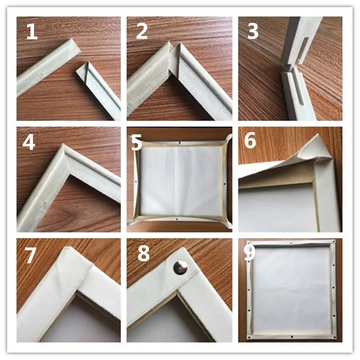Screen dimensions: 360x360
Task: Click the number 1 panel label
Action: click(32, 32)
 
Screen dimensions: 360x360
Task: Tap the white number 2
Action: click(142, 32)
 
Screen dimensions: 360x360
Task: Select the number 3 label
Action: click(252, 32)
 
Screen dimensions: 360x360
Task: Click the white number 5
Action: click(136, 143)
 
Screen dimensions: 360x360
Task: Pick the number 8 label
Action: click(144, 254)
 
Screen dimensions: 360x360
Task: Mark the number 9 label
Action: click(249, 253)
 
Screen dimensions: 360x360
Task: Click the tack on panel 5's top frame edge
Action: click(180, 143)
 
